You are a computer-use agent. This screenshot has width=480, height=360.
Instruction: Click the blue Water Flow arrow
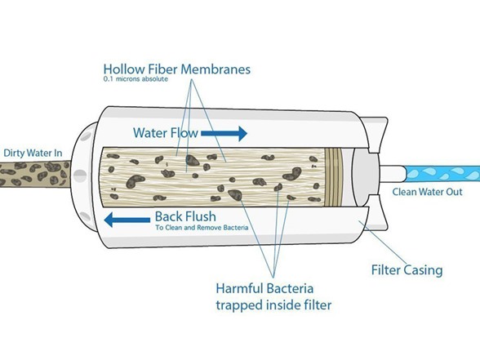coord(224,134)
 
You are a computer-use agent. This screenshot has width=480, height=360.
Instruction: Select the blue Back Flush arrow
coord(127,220)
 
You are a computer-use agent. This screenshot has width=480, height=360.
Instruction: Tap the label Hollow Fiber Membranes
coord(177,69)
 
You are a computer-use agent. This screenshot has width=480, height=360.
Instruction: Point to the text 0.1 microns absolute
coord(136,79)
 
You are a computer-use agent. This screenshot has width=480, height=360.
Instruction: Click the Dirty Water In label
coord(33,153)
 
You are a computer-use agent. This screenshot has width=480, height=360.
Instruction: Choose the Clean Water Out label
coord(428,192)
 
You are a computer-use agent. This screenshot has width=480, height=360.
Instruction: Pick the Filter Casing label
coord(407,270)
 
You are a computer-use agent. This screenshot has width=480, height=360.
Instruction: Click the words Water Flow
coord(166,133)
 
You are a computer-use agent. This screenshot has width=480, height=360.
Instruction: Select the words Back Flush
coord(185,217)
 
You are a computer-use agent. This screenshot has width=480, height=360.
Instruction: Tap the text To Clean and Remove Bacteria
coord(202,228)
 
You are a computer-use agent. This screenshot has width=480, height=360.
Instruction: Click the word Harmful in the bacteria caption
coord(239,289)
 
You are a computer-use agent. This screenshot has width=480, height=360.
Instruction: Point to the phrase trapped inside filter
coord(273,305)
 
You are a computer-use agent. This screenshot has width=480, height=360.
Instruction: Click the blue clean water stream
coord(442,174)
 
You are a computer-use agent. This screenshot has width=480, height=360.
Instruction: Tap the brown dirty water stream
coord(34,174)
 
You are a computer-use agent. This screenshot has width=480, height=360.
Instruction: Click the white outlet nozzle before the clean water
coord(393,174)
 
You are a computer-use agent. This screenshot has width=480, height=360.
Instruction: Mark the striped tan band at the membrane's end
coord(331,177)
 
